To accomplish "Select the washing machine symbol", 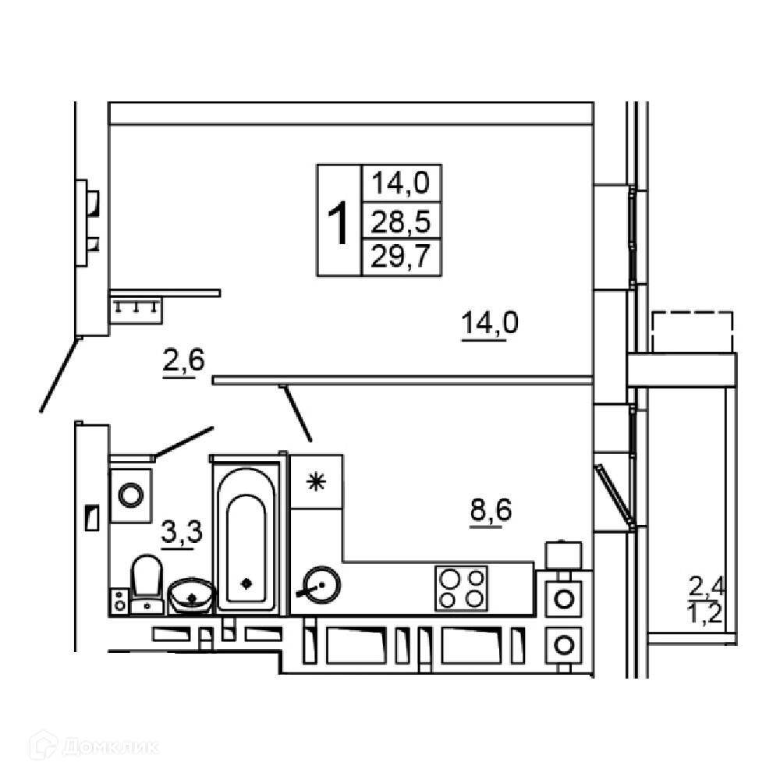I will pyautogui.click(x=130, y=494).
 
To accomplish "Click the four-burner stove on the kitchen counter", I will pyautogui.click(x=461, y=587).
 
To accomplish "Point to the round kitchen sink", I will pyautogui.click(x=319, y=584).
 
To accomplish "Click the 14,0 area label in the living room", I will pyautogui.click(x=489, y=322).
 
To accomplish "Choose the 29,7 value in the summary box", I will pyautogui.click(x=401, y=256).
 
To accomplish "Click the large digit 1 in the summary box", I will pyautogui.click(x=338, y=222).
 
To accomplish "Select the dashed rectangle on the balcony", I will pyautogui.click(x=692, y=331).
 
